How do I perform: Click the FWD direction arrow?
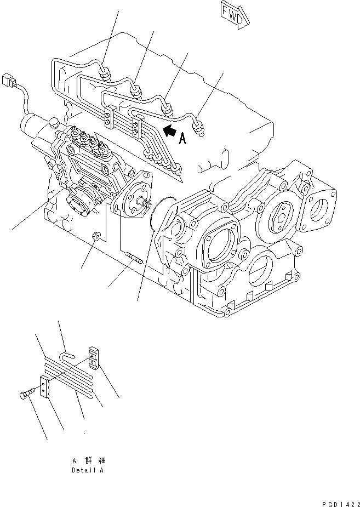[x=235, y=13]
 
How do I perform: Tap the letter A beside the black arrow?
[x=182, y=139]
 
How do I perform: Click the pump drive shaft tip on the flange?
[x=145, y=204]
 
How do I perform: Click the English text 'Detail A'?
[x=87, y=470]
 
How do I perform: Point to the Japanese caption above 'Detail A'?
[x=87, y=460]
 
